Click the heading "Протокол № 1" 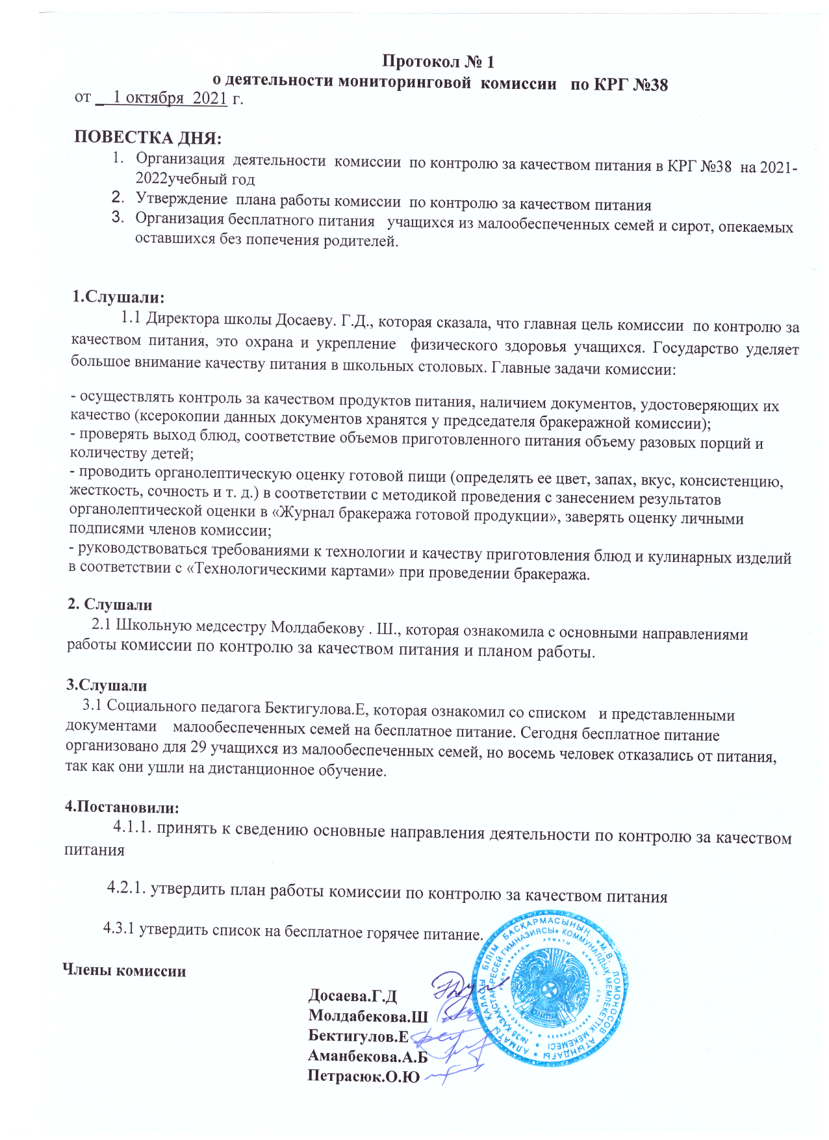438,62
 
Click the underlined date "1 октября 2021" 170,98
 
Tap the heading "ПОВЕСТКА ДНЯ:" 148,138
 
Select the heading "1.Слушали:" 118,298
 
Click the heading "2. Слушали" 110,605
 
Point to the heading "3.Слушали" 106,685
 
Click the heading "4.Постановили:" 121,807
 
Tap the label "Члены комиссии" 123,971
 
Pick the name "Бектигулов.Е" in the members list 358,1036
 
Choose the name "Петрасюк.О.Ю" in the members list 363,1076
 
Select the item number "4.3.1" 119,929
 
